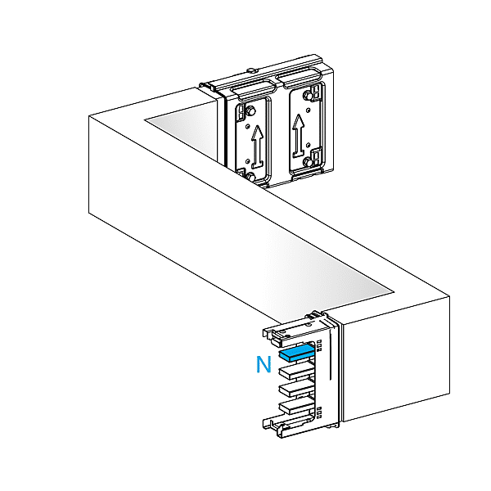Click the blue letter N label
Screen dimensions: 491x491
(264, 364)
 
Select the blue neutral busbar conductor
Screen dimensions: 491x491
(296, 354)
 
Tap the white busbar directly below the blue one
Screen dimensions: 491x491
(296, 371)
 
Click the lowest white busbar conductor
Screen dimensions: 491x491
(296, 406)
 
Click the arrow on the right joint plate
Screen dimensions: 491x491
(299, 136)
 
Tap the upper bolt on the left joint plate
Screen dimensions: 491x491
(251, 110)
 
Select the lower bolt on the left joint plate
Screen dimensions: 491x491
(251, 178)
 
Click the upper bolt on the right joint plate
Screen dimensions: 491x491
(308, 96)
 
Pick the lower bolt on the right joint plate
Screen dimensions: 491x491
(309, 162)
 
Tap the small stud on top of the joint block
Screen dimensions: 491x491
(252, 70)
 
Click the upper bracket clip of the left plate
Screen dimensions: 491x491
(241, 112)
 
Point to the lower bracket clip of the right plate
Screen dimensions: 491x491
(318, 155)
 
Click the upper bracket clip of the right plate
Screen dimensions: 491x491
(318, 91)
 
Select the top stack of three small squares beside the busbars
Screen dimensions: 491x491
(320, 345)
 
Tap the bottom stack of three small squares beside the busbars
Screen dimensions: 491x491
(319, 412)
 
